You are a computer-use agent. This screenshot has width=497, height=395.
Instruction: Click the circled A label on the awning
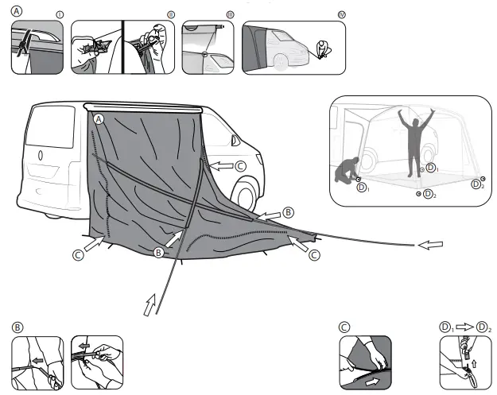click(x=99, y=118)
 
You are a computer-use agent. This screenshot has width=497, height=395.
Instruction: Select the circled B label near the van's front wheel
click(x=289, y=212)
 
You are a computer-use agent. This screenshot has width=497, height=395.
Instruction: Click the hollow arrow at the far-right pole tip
click(x=429, y=246)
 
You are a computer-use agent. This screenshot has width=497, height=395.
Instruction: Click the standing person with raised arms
click(x=414, y=141)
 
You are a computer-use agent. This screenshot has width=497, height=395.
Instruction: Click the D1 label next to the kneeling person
click(x=363, y=188)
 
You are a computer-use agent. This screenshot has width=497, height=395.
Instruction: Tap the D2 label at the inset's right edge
click(x=477, y=184)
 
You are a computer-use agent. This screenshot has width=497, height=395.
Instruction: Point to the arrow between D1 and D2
click(x=464, y=327)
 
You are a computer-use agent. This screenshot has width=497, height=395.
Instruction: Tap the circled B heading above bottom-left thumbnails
click(x=17, y=327)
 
